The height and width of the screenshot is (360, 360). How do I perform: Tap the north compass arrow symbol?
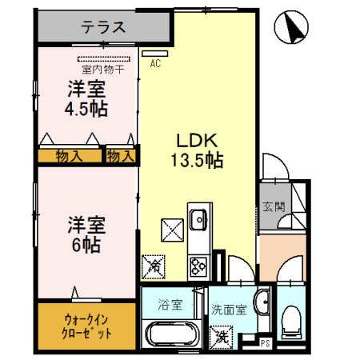292,30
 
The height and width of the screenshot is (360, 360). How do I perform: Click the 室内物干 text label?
102,70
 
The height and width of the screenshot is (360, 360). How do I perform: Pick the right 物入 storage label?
120,155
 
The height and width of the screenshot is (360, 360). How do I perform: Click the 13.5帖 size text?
195,158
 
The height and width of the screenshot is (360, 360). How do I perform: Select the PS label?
266,345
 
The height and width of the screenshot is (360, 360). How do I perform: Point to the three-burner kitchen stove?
198,262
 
